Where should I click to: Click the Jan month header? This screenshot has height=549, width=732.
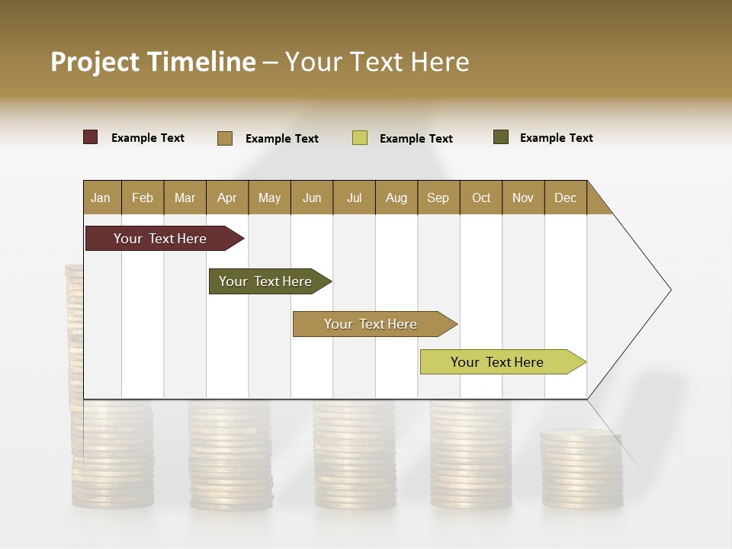click(101, 197)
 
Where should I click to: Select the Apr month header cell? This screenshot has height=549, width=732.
click(227, 197)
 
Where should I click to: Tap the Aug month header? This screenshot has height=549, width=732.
click(396, 197)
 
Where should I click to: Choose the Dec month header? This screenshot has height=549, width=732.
click(565, 197)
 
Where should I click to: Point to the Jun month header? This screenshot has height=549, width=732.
click(312, 197)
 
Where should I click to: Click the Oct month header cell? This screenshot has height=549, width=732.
click(481, 197)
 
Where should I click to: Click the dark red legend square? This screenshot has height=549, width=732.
click(91, 137)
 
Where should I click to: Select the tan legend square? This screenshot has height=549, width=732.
click(225, 138)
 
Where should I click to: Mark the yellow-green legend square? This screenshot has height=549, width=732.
click(360, 138)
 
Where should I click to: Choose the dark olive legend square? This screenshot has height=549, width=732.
click(501, 137)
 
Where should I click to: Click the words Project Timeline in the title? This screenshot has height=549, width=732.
click(152, 62)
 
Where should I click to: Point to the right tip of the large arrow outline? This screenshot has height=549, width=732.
click(669, 290)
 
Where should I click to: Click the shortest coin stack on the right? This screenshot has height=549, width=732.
click(582, 469)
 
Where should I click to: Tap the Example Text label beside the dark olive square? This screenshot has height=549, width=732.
click(556, 138)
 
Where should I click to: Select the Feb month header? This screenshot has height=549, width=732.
click(143, 197)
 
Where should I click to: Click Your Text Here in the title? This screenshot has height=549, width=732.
click(377, 62)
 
